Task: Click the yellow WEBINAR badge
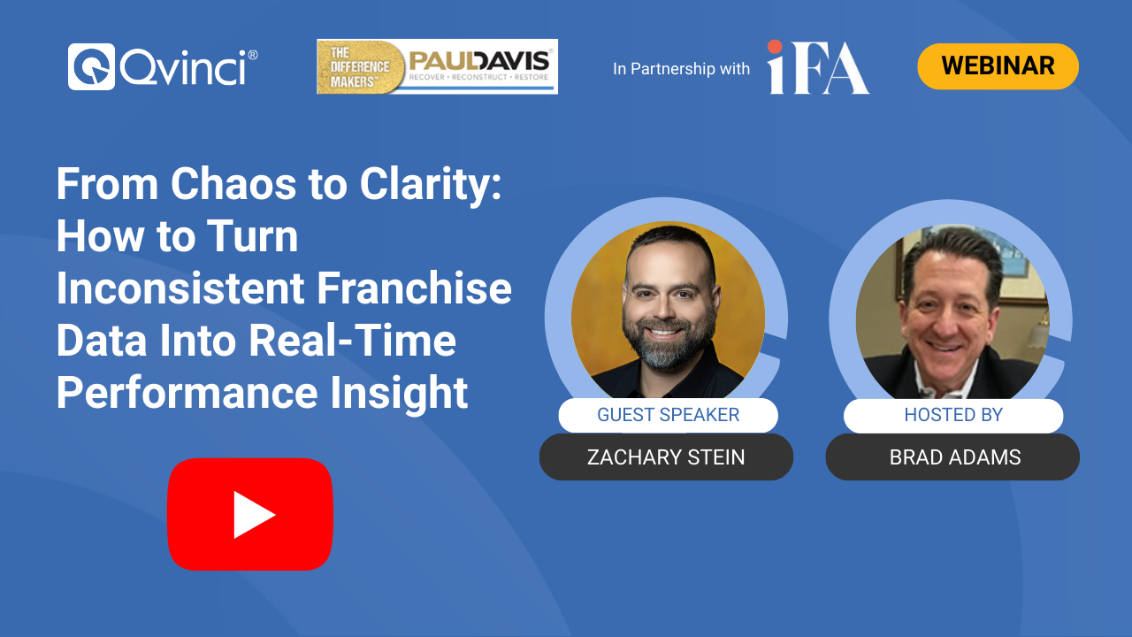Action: pos(998,66)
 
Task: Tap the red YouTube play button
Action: pos(250,514)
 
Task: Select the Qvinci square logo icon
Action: pos(91,66)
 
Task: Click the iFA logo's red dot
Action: pos(775,47)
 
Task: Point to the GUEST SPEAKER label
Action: pos(668,415)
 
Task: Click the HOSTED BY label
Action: pos(953,415)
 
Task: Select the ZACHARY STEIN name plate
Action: pos(666,457)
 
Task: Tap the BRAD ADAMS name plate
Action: pos(952,457)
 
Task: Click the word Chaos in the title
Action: pos(233,183)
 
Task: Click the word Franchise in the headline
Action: pos(415,288)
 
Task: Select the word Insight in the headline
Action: pos(399,394)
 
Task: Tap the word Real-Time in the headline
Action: pos(352,341)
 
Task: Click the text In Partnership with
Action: pos(681,69)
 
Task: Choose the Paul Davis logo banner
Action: pos(437,66)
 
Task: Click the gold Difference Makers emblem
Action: pos(360,66)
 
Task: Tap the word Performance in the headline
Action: pos(187,393)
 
